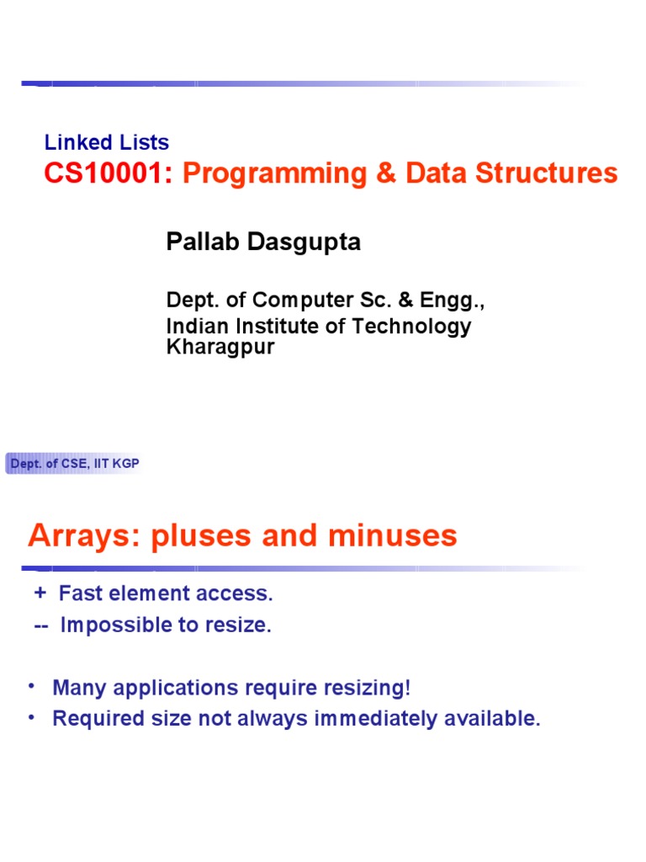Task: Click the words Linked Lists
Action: point(107,143)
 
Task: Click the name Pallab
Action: point(203,242)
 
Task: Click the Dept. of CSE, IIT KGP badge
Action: point(75,464)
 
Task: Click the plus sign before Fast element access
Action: point(39,593)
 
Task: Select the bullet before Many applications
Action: point(32,687)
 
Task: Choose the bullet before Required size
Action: point(32,718)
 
